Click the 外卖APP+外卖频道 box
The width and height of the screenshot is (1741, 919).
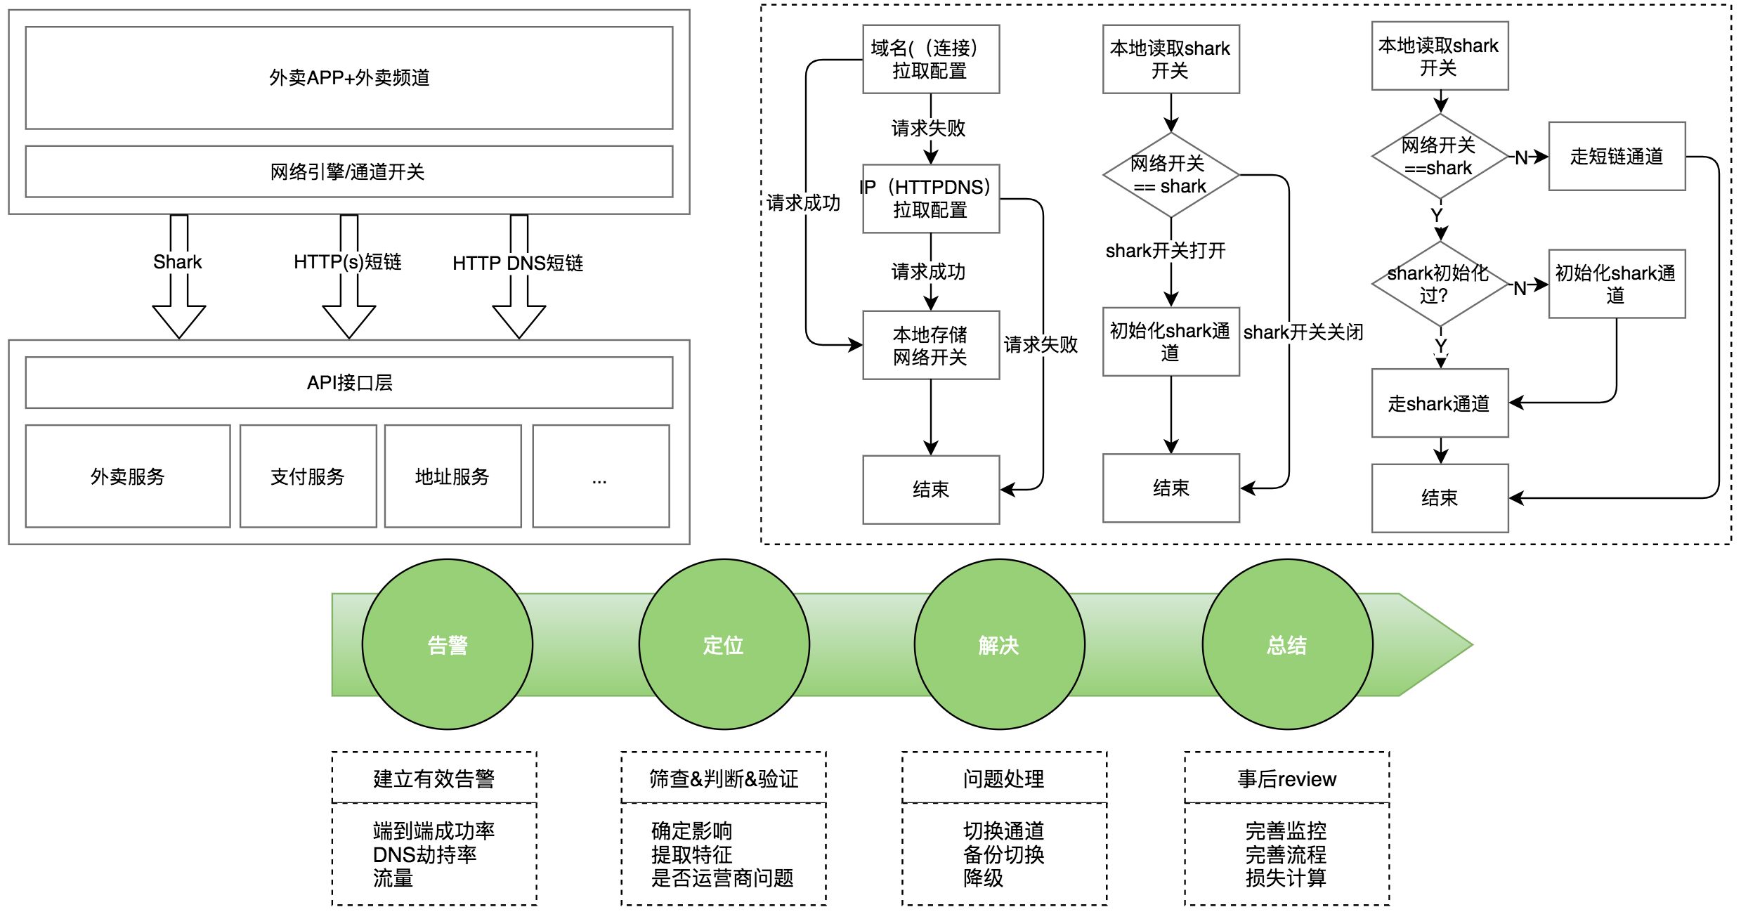[349, 77]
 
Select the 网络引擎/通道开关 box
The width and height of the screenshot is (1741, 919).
[349, 171]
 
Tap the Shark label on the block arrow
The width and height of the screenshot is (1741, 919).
[178, 262]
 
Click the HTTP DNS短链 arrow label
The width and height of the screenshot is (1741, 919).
[518, 263]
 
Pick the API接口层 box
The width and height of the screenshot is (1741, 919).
[349, 382]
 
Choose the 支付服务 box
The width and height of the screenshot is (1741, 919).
[308, 476]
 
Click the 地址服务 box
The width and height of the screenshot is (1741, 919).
[452, 476]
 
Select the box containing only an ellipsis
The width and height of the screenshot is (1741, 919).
[601, 476]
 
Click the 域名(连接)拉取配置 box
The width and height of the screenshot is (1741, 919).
[930, 59]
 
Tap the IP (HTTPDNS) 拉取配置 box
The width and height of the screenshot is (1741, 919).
[930, 198]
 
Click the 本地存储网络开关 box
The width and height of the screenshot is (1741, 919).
[930, 345]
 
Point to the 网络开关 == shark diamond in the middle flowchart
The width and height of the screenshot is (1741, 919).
[1171, 175]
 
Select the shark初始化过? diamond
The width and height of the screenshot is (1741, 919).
[1440, 284]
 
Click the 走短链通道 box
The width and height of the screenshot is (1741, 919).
[1617, 156]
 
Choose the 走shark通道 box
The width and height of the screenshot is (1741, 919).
[1440, 403]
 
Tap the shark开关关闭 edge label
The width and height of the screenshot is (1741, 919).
[1303, 332]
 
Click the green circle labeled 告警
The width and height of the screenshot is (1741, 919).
[448, 644]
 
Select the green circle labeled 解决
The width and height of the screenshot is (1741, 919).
[999, 644]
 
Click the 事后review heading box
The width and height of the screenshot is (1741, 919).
[1286, 778]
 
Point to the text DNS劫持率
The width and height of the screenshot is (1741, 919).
[424, 854]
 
